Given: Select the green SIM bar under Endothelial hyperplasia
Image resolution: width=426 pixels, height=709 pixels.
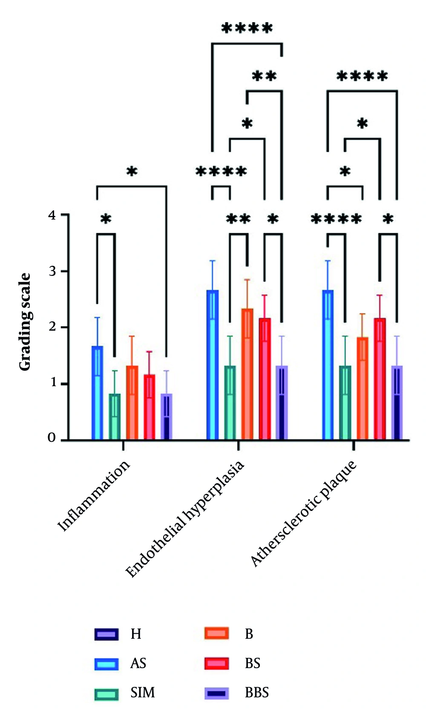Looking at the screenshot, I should (230, 402).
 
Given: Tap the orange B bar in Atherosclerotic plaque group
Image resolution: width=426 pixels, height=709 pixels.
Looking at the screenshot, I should (362, 388).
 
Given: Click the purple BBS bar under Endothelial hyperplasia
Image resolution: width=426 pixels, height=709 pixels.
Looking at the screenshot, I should (281, 402).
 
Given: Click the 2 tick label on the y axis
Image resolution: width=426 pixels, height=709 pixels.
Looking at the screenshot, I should (52, 327).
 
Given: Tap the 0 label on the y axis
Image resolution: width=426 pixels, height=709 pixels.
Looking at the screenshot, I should (52, 438).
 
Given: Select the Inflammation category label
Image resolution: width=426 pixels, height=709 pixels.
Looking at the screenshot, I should (94, 496).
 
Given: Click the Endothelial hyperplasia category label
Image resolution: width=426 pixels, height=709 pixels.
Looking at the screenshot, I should (185, 519).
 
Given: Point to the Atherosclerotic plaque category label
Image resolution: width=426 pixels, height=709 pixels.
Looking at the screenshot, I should (303, 514).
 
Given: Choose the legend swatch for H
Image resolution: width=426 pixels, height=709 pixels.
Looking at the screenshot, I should (106, 634).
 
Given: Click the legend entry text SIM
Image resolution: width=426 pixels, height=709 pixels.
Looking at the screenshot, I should (142, 693).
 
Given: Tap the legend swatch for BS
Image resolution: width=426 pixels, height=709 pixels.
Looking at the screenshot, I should (216, 663).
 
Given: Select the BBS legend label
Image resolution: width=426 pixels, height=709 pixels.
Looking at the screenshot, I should (256, 693).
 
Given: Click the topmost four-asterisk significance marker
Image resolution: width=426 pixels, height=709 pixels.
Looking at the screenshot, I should (247, 29).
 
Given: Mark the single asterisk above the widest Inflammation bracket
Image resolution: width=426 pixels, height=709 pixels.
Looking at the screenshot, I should (132, 172).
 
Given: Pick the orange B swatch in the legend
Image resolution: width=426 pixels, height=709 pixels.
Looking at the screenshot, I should (216, 634).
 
